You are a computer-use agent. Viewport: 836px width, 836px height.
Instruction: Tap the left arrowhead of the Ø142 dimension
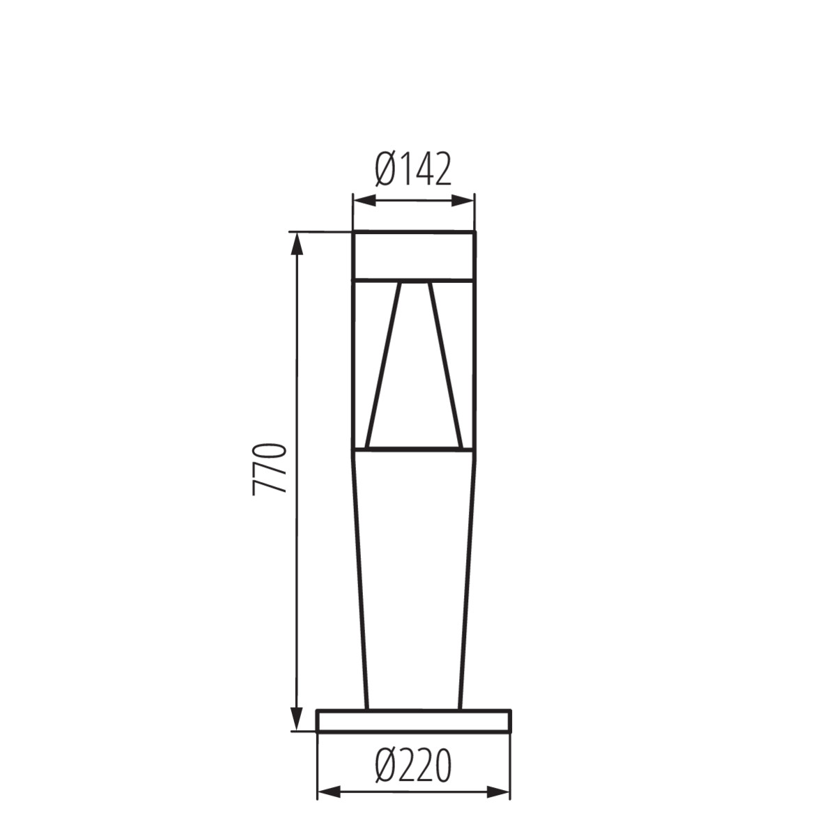[364, 201]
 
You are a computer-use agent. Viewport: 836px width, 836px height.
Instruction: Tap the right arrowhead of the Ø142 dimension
[464, 201]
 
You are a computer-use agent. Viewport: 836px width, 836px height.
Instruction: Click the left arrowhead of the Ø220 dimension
[329, 792]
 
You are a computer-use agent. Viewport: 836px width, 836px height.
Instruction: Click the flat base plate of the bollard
[414, 721]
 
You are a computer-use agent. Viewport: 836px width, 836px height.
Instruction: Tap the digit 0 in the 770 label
[270, 450]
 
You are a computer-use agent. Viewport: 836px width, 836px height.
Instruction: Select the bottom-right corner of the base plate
[511, 731]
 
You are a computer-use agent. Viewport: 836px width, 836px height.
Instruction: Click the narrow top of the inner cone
[414, 284]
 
